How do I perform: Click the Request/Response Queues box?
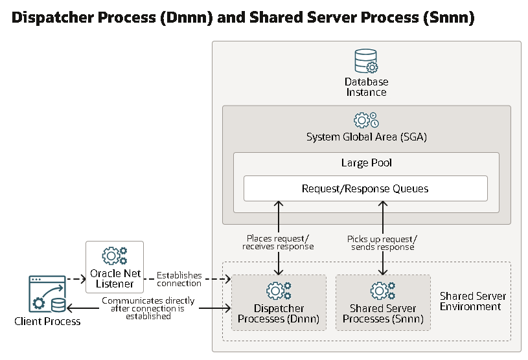[x=365, y=188]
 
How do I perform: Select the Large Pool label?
[x=366, y=163]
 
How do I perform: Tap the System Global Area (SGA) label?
[x=366, y=137]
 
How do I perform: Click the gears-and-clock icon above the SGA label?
[x=366, y=120]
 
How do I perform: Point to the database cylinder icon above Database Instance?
[x=366, y=62]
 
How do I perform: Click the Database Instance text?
[x=366, y=87]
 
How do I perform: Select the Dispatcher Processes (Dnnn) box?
[x=279, y=302]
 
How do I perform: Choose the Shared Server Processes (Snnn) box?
[x=383, y=302]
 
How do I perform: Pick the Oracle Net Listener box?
[x=115, y=266]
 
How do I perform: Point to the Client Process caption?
[x=47, y=321]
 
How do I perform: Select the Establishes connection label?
[x=179, y=279]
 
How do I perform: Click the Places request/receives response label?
[x=278, y=242]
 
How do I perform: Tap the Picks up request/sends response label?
[x=382, y=242]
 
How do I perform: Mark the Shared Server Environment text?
[x=473, y=301]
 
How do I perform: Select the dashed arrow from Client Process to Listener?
[x=76, y=280]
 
